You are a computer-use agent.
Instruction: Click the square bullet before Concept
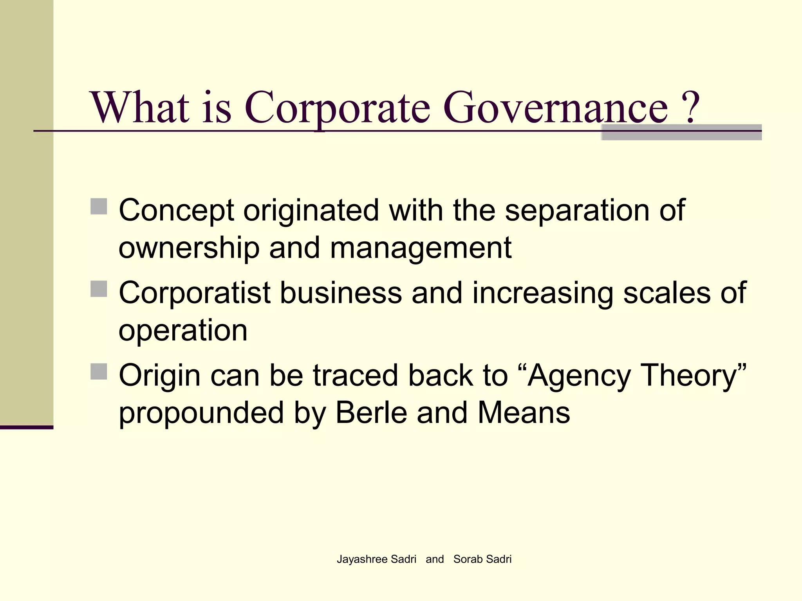99,207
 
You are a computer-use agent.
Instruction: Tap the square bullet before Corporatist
99,289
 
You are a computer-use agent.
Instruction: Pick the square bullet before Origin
99,371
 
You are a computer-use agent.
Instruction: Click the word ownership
189,248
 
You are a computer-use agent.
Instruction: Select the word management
421,248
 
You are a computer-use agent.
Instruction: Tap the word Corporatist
195,293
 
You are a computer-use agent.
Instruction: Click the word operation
183,331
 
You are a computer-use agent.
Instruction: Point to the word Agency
579,376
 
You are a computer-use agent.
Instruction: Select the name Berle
371,413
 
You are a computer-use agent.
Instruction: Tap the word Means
524,413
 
